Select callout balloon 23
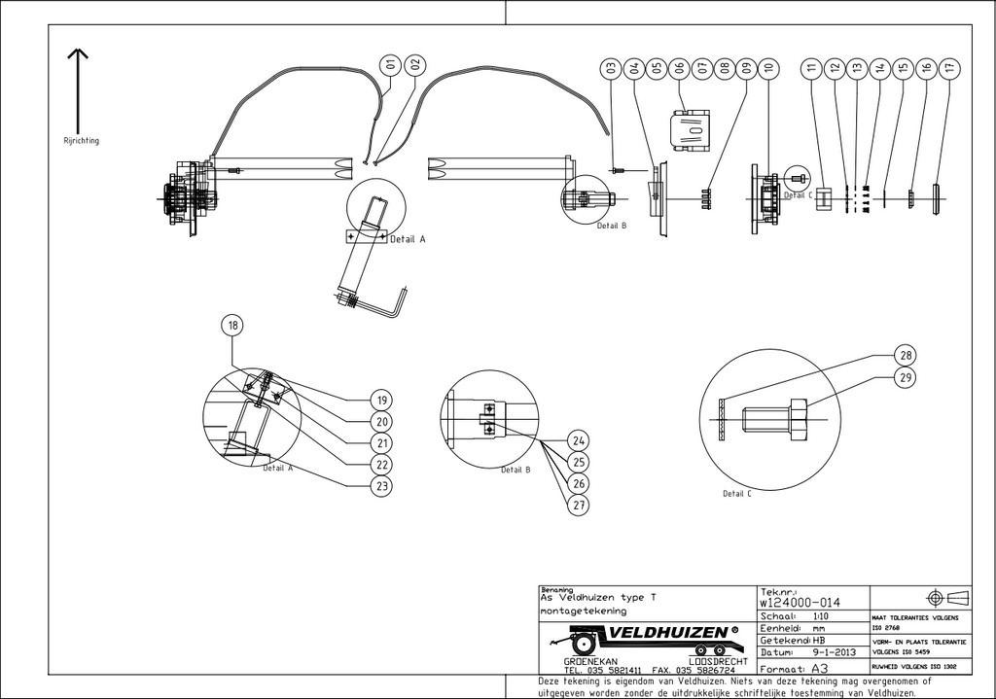(382, 485)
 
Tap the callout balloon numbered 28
(906, 355)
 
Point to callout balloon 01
(391, 65)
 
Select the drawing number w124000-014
(801, 603)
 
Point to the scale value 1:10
(811, 616)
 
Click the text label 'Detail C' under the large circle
(737, 494)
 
